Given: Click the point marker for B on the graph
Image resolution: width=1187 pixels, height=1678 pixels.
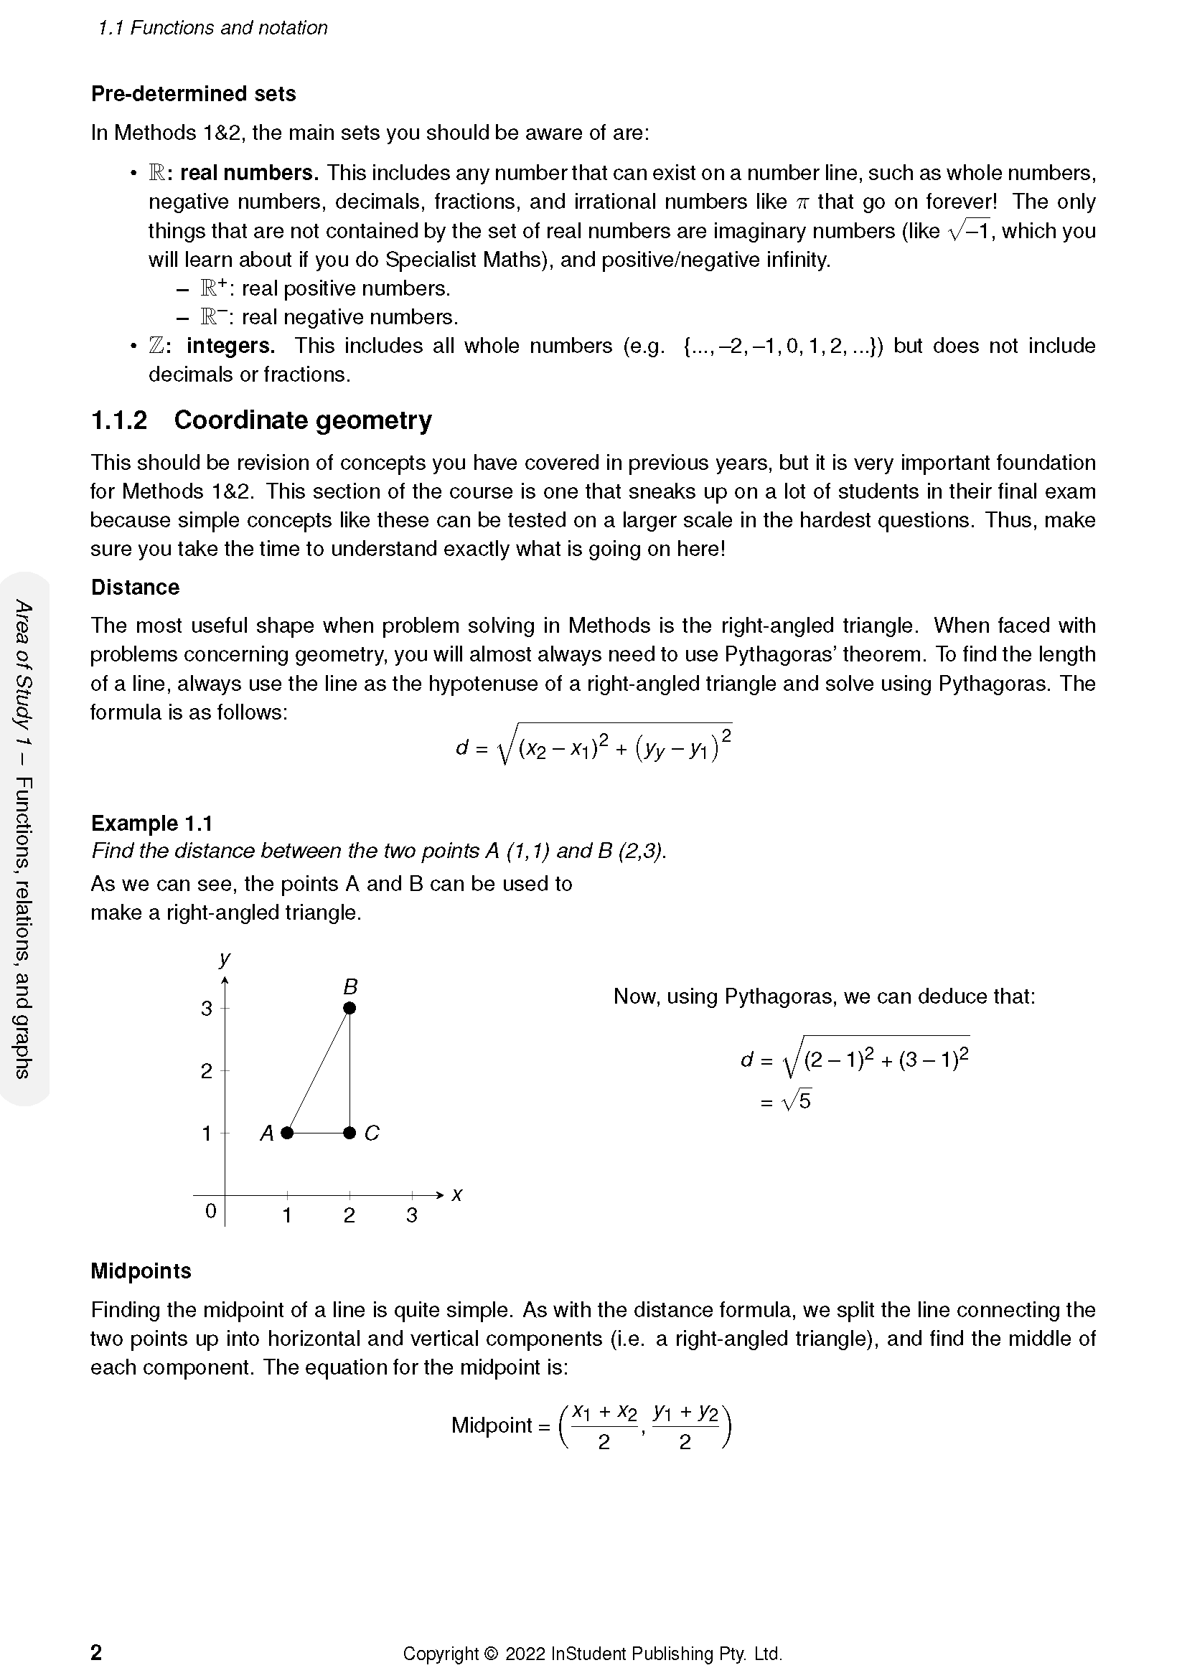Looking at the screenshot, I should (349, 1008).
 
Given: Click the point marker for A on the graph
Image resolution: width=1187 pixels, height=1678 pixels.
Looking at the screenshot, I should (287, 1133).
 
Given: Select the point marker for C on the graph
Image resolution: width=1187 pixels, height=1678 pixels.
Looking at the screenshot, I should (349, 1133).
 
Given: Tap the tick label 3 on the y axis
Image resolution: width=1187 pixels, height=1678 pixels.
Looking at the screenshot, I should (206, 1009).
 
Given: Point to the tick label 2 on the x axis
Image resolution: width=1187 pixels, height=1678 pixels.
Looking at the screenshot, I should (349, 1215).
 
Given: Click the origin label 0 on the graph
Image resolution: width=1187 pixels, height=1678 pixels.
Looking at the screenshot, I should (210, 1211).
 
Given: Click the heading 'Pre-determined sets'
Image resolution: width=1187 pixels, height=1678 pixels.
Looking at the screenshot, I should (193, 93).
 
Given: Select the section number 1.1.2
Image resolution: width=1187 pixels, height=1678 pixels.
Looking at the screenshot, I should (118, 420).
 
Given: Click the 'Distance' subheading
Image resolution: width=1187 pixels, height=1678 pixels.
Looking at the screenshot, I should (134, 587).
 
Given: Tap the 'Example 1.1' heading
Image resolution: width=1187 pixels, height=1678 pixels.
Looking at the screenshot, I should (151, 823).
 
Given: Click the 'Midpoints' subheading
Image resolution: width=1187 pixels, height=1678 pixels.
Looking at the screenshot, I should (141, 1271).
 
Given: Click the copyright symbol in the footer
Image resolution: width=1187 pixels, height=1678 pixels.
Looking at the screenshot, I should (490, 1654).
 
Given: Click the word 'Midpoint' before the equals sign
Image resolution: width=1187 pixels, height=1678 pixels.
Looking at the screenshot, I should (491, 1425).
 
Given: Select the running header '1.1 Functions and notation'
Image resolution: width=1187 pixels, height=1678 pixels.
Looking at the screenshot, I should (212, 28).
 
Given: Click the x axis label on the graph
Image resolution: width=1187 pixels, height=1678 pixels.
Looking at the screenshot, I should (457, 1194).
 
